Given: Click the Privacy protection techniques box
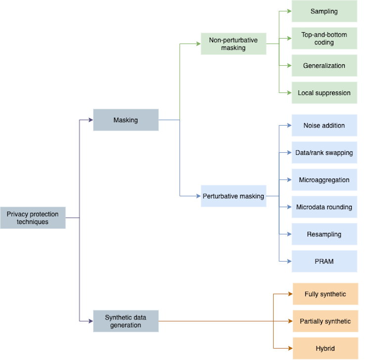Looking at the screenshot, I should [x=33, y=218].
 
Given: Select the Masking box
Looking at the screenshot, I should [x=126, y=120].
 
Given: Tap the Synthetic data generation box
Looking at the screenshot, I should [x=126, y=321].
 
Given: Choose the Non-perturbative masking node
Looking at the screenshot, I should [x=233, y=44].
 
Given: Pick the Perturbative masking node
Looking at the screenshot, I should [x=233, y=196].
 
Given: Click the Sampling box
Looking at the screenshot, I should [x=324, y=11].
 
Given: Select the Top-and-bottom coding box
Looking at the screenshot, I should [x=324, y=38].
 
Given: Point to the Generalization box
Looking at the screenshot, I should [x=324, y=65].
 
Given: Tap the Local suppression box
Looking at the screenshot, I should [x=324, y=92].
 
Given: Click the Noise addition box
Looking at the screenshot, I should [x=324, y=125].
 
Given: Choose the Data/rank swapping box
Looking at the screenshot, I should [x=324, y=152].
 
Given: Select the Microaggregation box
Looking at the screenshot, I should [x=324, y=180].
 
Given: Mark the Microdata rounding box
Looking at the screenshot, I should [x=324, y=207].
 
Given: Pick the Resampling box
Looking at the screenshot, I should [x=324, y=234].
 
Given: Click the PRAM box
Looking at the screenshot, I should [x=324, y=261].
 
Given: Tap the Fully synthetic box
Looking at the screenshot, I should [x=325, y=294].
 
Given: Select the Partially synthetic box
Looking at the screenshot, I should [x=325, y=321].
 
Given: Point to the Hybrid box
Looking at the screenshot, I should [x=325, y=348].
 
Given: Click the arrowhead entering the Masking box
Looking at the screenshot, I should [x=91, y=120].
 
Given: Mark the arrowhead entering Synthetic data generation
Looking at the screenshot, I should [x=91, y=321].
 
